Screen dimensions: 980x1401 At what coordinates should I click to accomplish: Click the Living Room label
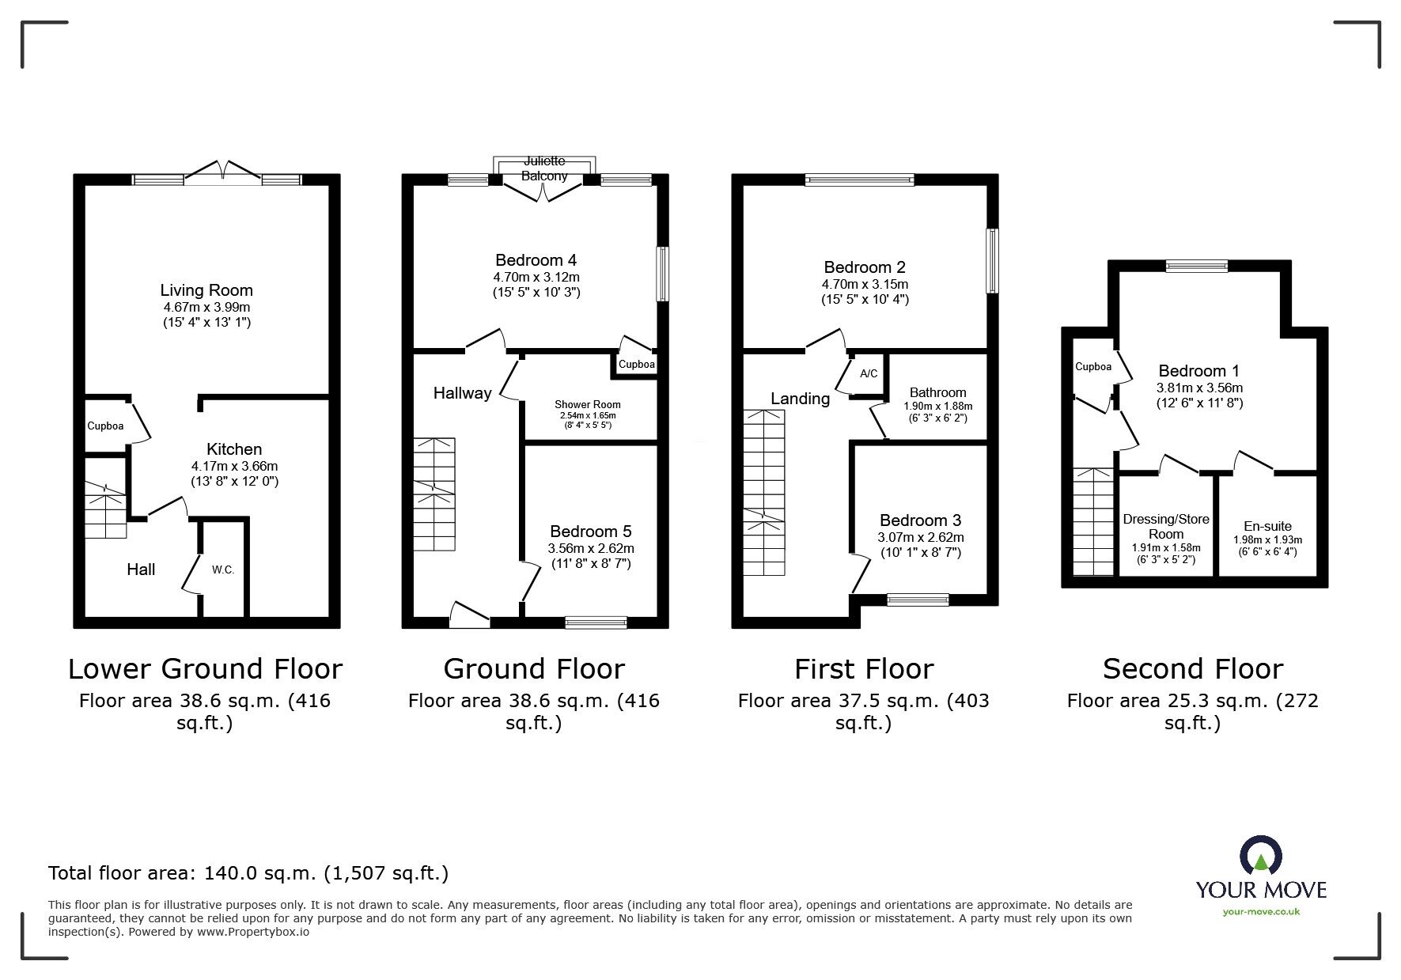click(x=206, y=290)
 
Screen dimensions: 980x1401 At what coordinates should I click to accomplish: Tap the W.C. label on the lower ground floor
click(x=223, y=569)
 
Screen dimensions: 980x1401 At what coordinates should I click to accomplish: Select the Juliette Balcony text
click(x=543, y=168)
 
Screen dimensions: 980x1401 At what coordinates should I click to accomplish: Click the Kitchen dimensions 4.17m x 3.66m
click(x=234, y=467)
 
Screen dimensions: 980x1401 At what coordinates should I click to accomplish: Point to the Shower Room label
click(x=587, y=404)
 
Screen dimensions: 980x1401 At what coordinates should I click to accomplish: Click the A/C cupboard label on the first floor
click(x=868, y=373)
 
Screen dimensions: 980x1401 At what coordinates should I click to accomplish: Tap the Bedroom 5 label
click(x=590, y=532)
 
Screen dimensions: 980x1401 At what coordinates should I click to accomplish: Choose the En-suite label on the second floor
click(x=1267, y=526)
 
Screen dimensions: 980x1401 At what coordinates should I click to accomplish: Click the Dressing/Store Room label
click(x=1166, y=526)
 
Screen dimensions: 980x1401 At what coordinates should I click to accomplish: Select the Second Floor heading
click(x=1192, y=669)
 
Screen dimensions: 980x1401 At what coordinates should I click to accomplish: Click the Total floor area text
click(x=248, y=873)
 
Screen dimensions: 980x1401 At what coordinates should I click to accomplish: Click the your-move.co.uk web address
click(x=1261, y=912)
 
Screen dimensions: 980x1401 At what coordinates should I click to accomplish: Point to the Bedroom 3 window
click(x=918, y=600)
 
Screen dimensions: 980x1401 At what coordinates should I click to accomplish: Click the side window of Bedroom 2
click(x=992, y=261)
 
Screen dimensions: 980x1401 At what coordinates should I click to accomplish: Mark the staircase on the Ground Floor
click(x=434, y=494)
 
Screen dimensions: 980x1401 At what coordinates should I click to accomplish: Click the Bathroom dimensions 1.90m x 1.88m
click(x=937, y=407)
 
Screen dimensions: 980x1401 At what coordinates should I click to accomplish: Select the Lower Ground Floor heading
click(x=205, y=669)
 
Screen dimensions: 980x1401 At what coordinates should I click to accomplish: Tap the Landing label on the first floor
click(x=800, y=399)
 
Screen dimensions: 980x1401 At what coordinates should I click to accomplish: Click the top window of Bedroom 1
click(x=1196, y=267)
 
